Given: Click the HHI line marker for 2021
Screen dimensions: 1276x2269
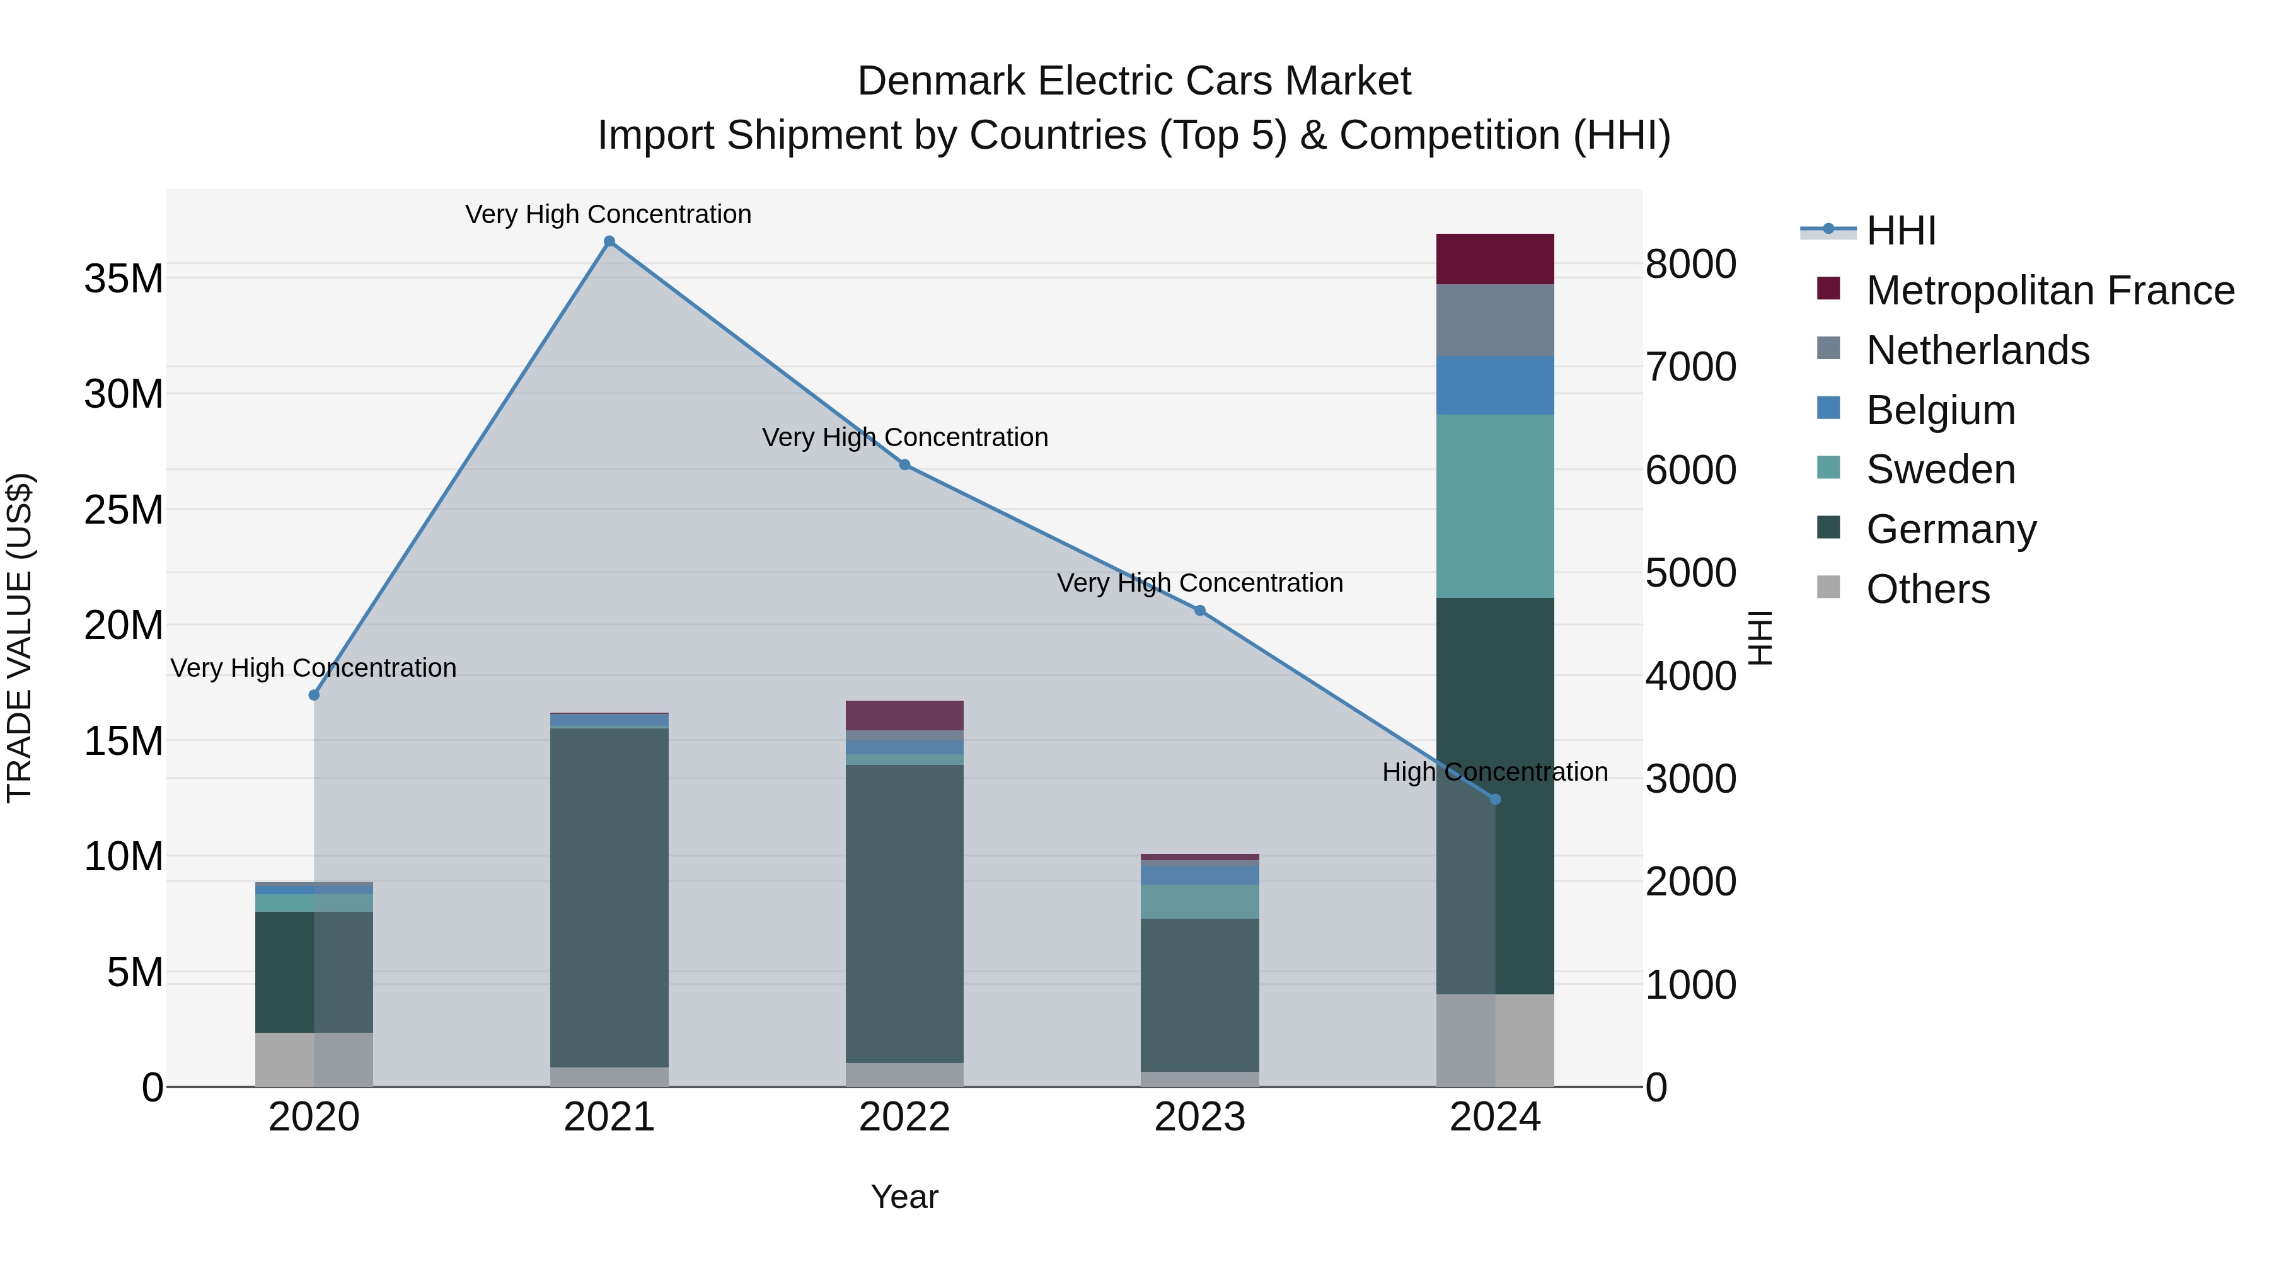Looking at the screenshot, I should coord(609,241).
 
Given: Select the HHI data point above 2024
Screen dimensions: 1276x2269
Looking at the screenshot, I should coord(1495,800).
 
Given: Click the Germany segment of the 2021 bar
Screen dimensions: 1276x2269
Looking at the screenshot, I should coord(609,898).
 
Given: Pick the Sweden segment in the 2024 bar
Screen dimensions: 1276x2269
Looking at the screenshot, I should coord(1495,507).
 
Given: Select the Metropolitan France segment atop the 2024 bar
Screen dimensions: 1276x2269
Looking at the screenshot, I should coord(1495,259).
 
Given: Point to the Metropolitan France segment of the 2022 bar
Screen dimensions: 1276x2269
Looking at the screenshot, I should coord(904,715).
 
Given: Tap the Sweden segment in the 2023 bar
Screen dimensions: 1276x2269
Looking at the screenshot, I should coord(1199,902).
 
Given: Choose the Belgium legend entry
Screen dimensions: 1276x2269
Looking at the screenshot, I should coord(1941,410).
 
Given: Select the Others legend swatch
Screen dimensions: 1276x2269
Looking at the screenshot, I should coord(1828,587).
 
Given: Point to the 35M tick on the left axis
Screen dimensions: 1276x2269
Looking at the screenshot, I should coord(124,279).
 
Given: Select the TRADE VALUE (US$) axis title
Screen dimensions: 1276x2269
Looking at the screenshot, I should coord(20,638).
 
